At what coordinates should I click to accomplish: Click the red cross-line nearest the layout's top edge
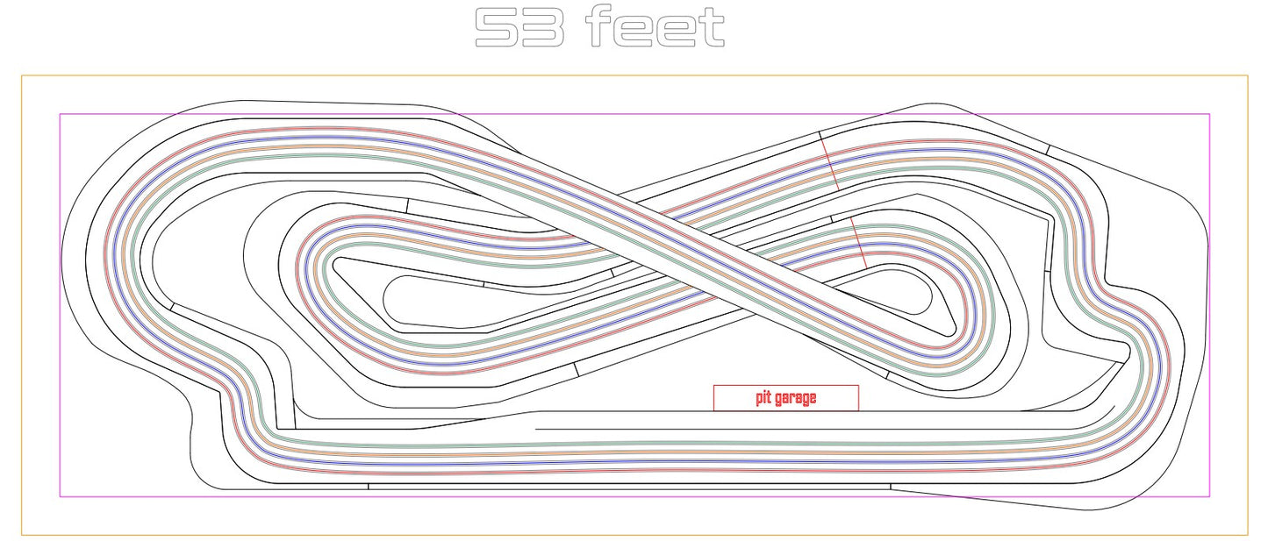pos(830,164)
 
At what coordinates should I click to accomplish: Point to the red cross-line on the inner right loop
pos(858,243)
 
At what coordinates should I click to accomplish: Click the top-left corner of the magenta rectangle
pos(60,114)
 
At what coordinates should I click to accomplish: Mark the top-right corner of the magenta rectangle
pos(1209,114)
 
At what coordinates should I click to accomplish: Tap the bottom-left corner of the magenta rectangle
pos(60,496)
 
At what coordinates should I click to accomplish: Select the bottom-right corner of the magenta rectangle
pos(1209,496)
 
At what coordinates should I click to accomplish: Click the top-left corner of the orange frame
pos(22,75)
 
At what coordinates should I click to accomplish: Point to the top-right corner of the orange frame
pos(1248,75)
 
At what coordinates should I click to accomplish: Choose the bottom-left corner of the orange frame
pos(22,535)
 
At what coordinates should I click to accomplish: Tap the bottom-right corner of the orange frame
pos(1248,535)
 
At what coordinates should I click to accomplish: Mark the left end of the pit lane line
pos(534,429)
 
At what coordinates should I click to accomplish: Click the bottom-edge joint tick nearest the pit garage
pos(890,486)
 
